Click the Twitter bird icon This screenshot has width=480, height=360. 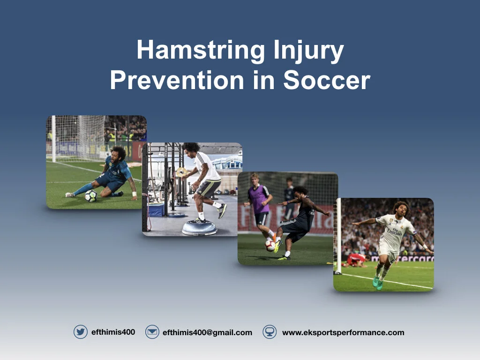81,332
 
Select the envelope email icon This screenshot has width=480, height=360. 152,332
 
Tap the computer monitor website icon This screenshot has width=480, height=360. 270,332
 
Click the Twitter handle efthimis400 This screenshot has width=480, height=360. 113,332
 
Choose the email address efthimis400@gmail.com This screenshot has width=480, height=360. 207,332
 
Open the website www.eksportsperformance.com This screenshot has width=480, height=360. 343,332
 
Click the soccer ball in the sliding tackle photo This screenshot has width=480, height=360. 91,196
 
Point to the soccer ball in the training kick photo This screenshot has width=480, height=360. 270,246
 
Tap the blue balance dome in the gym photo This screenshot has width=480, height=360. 200,227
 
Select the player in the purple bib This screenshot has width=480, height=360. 259,199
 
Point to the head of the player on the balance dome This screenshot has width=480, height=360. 191,149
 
